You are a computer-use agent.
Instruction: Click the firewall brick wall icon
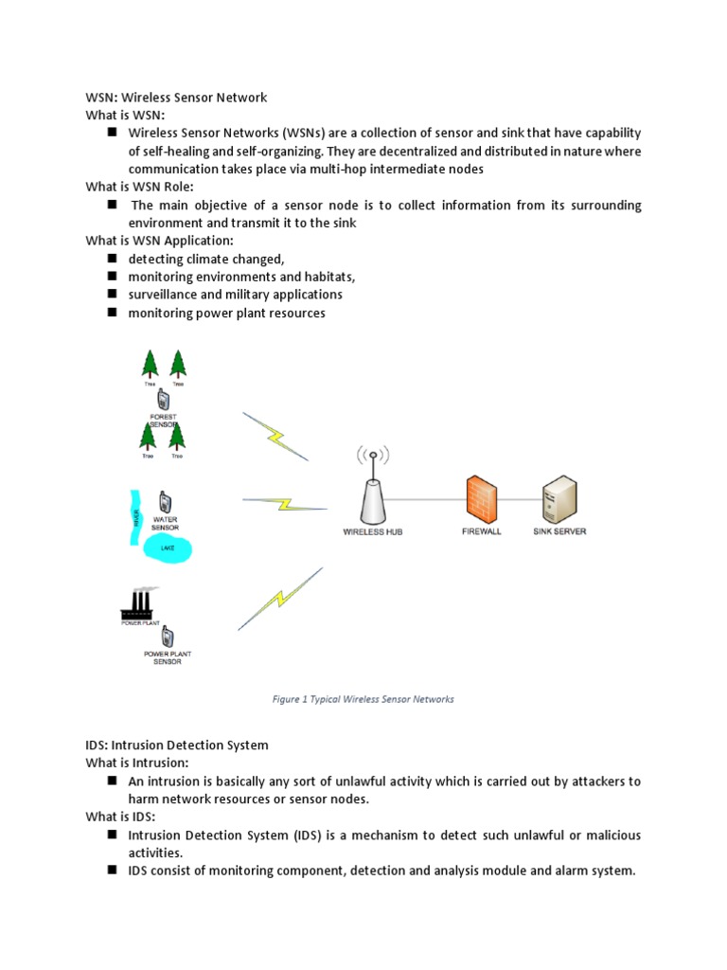pos(481,498)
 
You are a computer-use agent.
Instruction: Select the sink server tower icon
pos(559,498)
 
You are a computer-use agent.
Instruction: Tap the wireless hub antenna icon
pos(373,489)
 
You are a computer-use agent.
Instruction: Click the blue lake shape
pos(168,548)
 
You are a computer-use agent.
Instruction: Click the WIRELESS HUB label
pos(372,532)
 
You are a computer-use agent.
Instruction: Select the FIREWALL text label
pos(481,532)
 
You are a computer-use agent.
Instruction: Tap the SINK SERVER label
pos(559,531)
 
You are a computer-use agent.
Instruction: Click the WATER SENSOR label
pos(165,523)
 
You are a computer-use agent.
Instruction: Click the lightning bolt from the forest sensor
pos(275,437)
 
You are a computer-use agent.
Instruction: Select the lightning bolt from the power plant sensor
pos(279,599)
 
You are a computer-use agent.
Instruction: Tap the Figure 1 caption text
pos(363,699)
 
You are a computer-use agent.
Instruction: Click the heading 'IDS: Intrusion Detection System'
pos(177,745)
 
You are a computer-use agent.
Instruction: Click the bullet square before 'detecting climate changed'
pos(112,259)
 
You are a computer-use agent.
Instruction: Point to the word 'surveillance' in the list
pos(163,295)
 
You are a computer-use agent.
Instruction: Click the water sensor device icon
pos(165,501)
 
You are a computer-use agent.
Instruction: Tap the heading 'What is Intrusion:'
pos(137,763)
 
